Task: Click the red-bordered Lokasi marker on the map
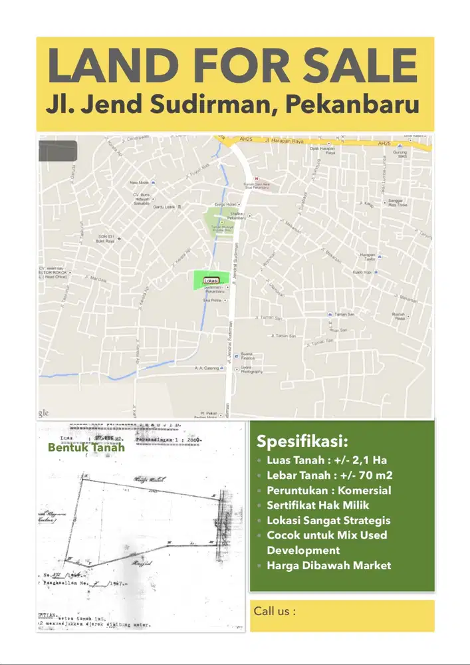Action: [212, 281]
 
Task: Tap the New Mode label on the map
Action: [139, 182]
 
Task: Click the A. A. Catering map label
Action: [207, 368]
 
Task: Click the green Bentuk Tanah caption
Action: [86, 448]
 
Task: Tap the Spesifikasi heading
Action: [302, 442]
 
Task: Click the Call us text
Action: [275, 610]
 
